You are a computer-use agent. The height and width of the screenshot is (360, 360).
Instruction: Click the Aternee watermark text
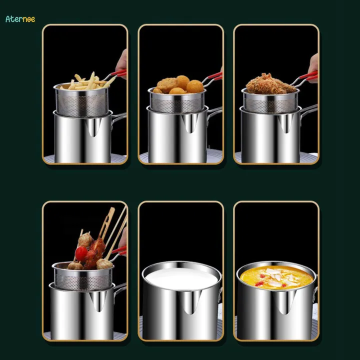pos(20,19)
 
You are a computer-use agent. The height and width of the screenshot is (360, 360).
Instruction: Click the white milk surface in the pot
pos(181,278)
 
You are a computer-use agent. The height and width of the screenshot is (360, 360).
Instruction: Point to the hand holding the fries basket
pos(121,62)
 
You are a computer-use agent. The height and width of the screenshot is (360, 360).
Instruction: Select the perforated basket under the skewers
pos(82,278)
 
